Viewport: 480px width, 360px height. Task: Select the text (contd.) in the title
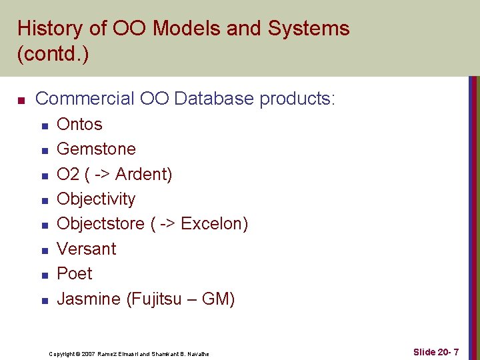pos(53,54)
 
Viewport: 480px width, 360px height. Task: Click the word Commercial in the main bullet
pos(85,99)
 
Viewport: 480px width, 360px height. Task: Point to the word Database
pos(215,99)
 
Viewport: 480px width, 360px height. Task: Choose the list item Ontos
pos(79,125)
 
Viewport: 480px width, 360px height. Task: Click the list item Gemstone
pos(96,149)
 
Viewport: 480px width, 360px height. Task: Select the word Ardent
pos(143,175)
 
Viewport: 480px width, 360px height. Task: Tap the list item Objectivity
pos(96,199)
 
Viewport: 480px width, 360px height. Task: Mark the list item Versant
pos(87,249)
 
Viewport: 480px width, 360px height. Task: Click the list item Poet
pos(75,274)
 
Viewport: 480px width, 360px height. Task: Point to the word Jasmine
pos(89,299)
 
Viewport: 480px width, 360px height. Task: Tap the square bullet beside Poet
pos(45,275)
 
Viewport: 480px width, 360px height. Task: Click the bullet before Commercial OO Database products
pos(21,101)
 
